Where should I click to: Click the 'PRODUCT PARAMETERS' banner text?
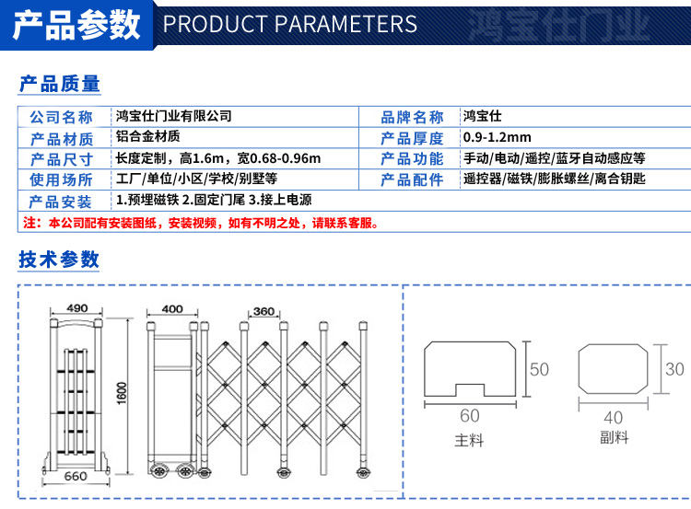coord(290,24)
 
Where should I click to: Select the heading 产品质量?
coord(60,84)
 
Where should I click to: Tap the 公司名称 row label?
coord(61,117)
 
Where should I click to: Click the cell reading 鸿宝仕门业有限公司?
coord(173,116)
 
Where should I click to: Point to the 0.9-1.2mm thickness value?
coord(498,137)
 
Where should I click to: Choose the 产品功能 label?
coord(412,158)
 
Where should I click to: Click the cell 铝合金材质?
coord(147,136)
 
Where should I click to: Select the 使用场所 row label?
coord(61,179)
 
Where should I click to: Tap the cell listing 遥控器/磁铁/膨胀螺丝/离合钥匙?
coord(554,179)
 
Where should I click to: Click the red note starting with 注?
coord(201,223)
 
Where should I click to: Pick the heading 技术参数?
coord(59,259)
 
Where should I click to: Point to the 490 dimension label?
coord(77,308)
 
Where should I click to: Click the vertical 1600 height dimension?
coord(122,393)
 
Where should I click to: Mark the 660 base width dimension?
coord(76,477)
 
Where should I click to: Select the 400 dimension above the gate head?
coord(172,309)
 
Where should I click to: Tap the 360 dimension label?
coord(264,311)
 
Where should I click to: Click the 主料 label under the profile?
coord(469,440)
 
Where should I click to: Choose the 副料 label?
coord(614,437)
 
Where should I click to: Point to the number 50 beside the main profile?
coord(539,369)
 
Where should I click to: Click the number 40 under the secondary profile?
coord(613,417)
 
